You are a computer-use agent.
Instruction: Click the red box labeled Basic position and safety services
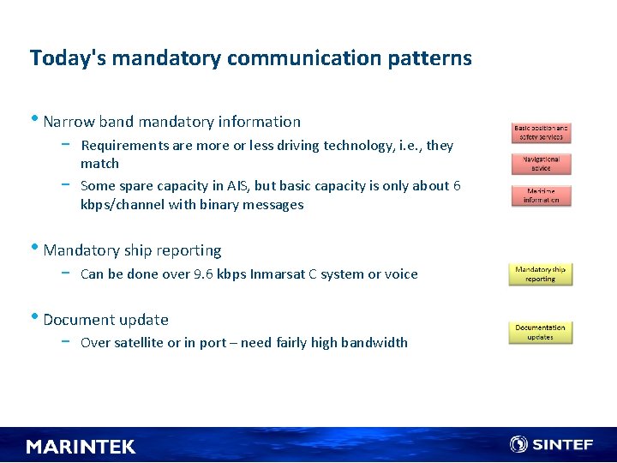(x=541, y=132)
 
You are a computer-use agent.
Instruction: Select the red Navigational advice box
(x=541, y=163)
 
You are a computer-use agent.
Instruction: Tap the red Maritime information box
(x=541, y=195)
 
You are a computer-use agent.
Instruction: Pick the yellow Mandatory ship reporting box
(x=541, y=274)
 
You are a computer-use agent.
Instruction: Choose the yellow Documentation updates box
(x=541, y=332)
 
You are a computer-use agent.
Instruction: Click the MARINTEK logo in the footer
(x=81, y=447)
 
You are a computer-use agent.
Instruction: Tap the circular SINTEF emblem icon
(x=518, y=444)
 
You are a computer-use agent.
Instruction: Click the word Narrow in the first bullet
(x=67, y=122)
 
